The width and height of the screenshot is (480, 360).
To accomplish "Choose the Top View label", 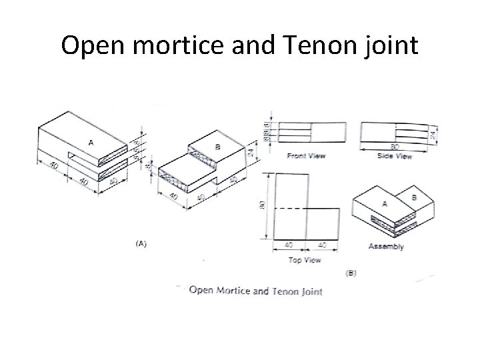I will click(305, 260).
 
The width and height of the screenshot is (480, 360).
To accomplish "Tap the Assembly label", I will click(386, 247).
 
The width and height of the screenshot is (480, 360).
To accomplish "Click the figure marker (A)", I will click(141, 245).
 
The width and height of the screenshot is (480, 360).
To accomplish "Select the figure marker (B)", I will click(351, 273).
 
